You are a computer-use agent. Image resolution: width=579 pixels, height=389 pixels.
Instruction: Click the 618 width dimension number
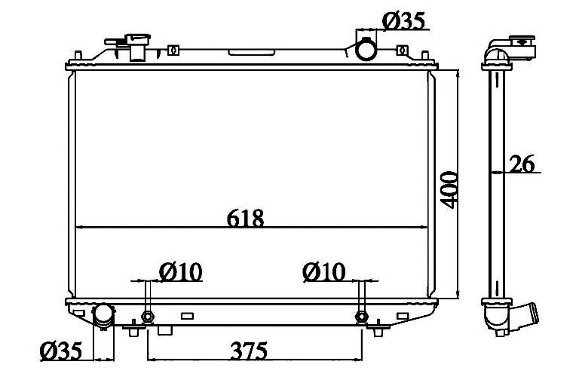[245, 218]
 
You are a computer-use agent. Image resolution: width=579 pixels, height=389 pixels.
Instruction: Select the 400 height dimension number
[449, 190]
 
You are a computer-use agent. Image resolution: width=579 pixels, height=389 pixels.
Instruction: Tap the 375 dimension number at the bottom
[249, 351]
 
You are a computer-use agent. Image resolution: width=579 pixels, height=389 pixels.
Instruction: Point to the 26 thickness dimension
[522, 164]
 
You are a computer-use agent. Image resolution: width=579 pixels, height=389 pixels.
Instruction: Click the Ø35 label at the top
[403, 20]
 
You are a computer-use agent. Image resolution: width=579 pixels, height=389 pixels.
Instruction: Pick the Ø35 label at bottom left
[61, 351]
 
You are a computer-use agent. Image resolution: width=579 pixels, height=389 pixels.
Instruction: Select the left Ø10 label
[181, 272]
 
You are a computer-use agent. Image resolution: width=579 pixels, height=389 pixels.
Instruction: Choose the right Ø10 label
[324, 272]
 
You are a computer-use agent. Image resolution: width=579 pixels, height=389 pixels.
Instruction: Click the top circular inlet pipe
[366, 49]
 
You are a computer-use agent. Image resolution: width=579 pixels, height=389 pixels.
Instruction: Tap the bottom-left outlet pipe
[103, 316]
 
